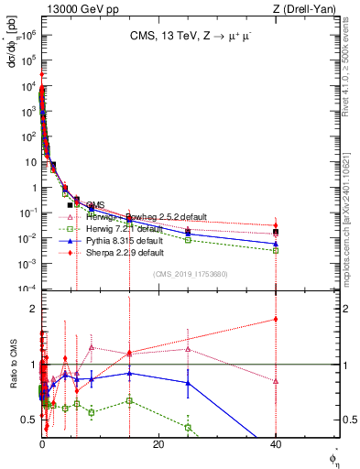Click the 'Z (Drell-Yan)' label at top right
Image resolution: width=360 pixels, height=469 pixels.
[x=309, y=9]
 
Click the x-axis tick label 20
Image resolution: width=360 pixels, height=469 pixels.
[x=158, y=444]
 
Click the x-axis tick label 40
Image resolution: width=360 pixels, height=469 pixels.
[x=276, y=444]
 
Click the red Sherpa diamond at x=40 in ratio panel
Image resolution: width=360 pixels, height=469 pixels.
[x=276, y=319]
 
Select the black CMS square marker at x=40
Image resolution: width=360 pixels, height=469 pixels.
[x=276, y=232]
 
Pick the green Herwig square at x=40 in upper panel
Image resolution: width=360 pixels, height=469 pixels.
[x=276, y=250]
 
